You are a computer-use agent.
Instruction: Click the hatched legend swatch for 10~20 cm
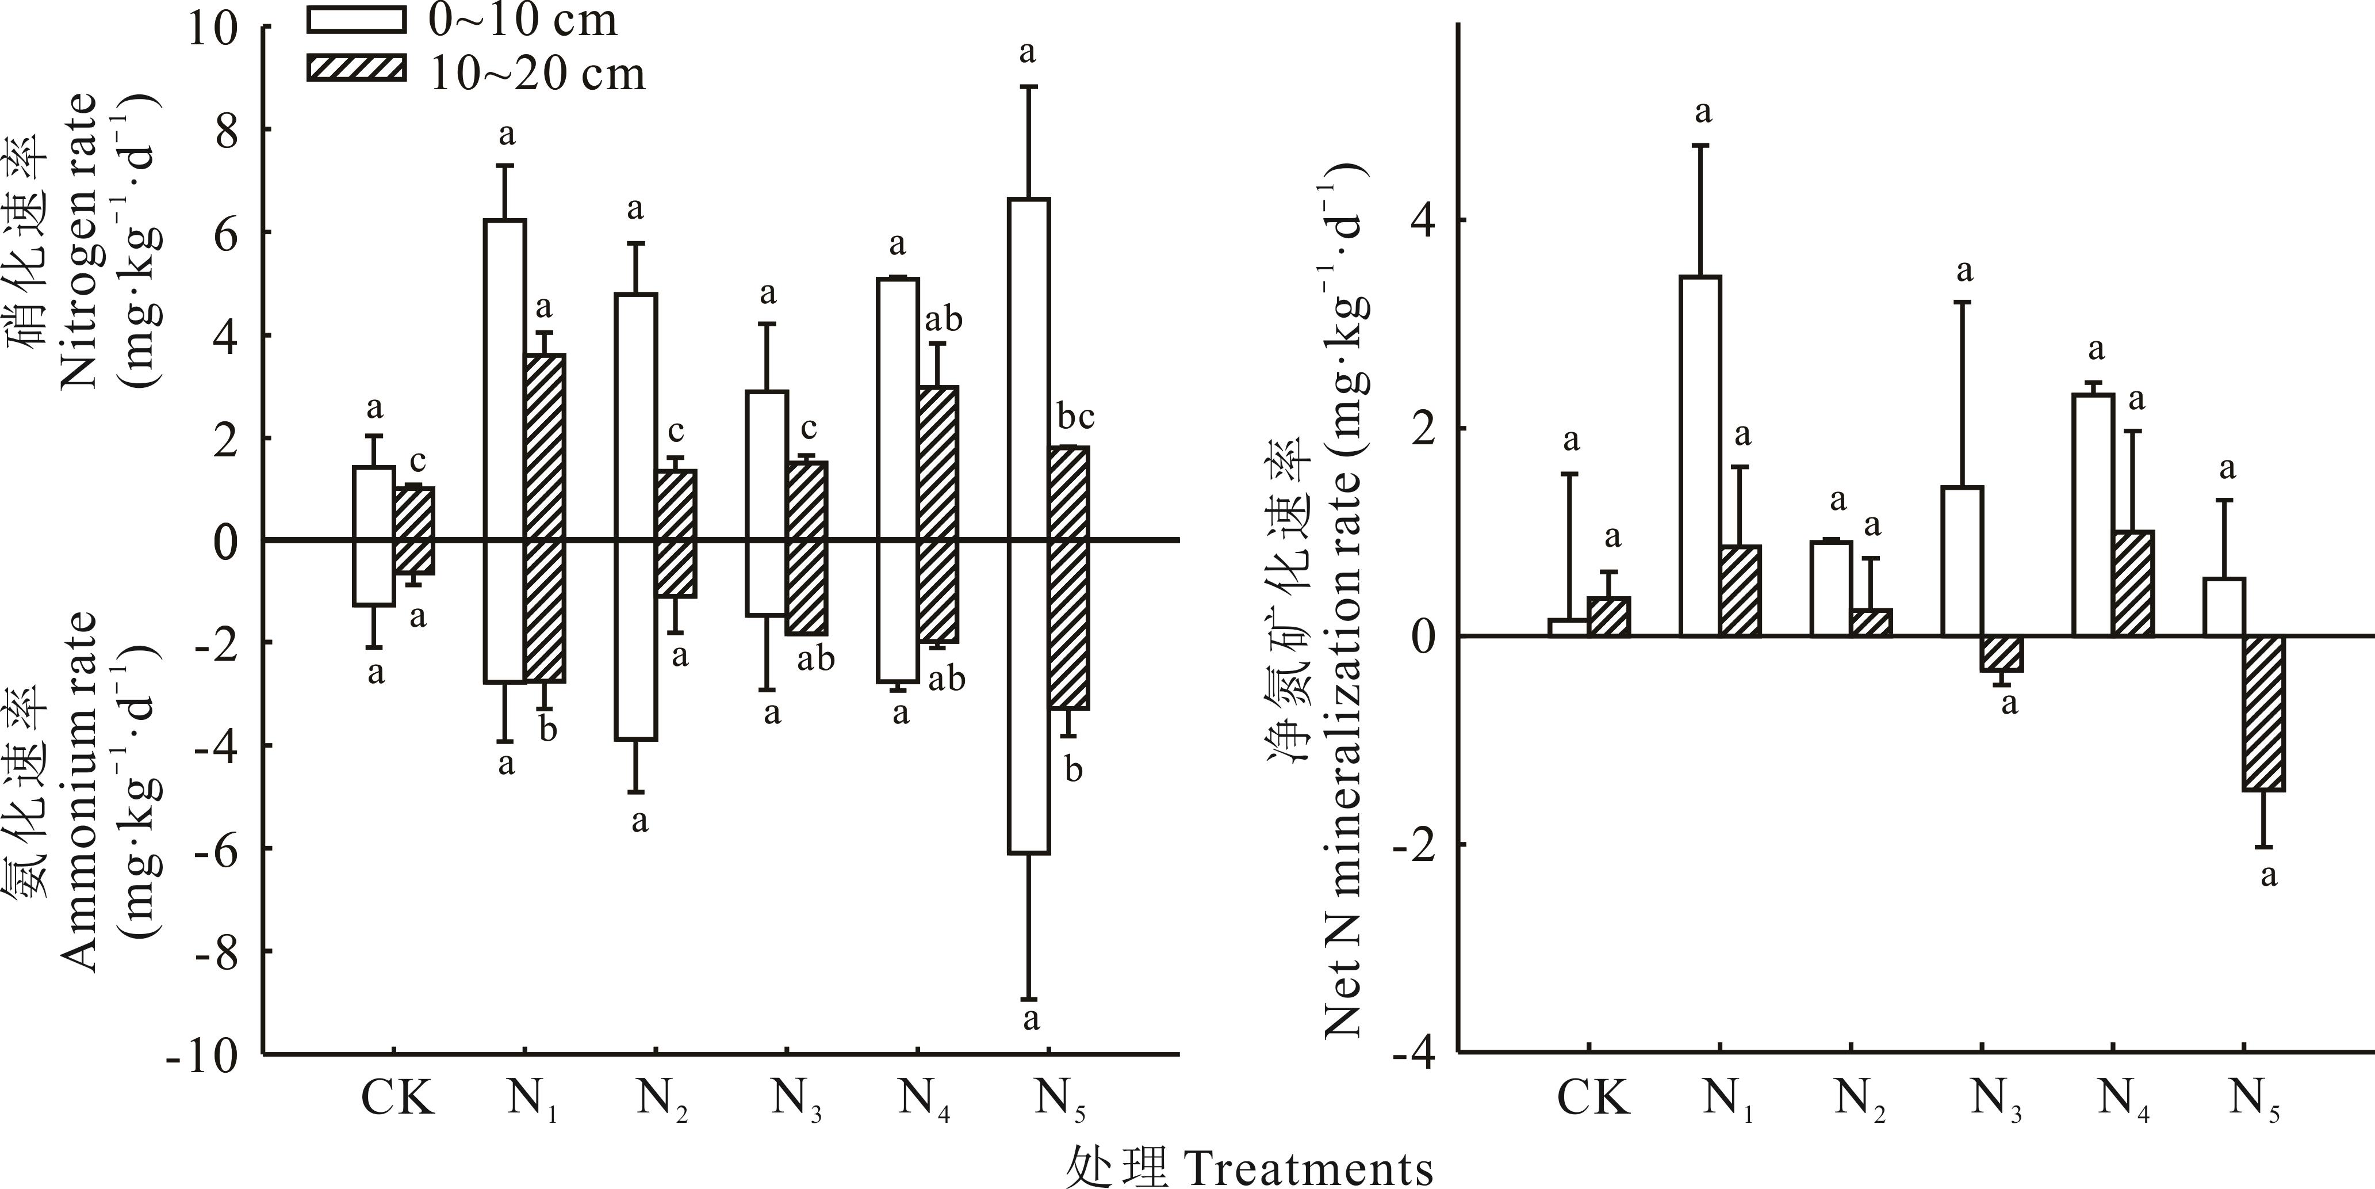tap(356, 69)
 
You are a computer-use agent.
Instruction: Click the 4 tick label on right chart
tap(1423, 222)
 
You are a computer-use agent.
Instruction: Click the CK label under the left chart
tap(396, 1097)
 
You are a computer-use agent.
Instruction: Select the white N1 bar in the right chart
tap(1700, 456)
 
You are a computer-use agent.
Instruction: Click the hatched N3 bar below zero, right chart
tap(2002, 654)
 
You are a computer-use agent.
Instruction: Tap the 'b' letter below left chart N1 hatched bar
tap(547, 730)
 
